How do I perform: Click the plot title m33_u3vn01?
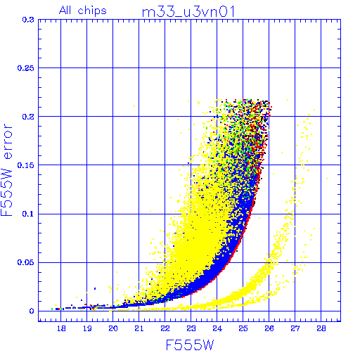pos(188,12)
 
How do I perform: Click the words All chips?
pos(83,11)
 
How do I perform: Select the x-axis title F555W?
pos(190,345)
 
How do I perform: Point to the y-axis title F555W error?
pos(7,170)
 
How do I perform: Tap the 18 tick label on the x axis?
pos(61,328)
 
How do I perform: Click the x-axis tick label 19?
pos(87,328)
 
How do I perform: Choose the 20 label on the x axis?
pos(113,328)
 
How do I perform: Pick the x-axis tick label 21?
pos(139,328)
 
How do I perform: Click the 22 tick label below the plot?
pos(165,328)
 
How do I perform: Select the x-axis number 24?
pos(217,328)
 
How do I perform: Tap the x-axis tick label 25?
pos(243,328)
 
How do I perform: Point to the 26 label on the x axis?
pos(269,328)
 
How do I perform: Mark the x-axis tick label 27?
pos(295,328)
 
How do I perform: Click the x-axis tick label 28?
pos(321,328)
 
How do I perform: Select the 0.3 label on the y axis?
pos(28,20)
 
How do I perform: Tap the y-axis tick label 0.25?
pos(26,68)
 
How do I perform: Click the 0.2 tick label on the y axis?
pos(28,117)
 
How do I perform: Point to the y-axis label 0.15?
pos(26,165)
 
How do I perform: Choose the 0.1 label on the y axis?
pos(28,214)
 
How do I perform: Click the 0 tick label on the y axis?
pos(32,311)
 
